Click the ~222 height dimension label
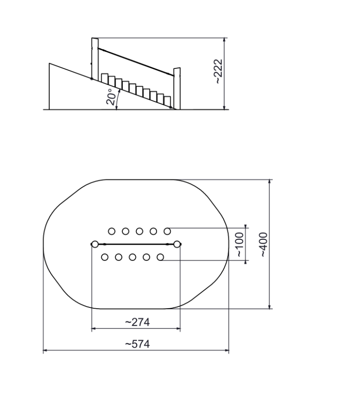click(218, 71)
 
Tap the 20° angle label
click(112, 97)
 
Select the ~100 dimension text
click(240, 245)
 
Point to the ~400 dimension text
click(263, 245)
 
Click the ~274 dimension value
click(137, 322)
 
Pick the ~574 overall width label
click(137, 344)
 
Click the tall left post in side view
click(95, 59)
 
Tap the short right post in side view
click(177, 89)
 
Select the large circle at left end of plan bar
click(95, 244)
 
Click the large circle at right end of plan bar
click(177, 244)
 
